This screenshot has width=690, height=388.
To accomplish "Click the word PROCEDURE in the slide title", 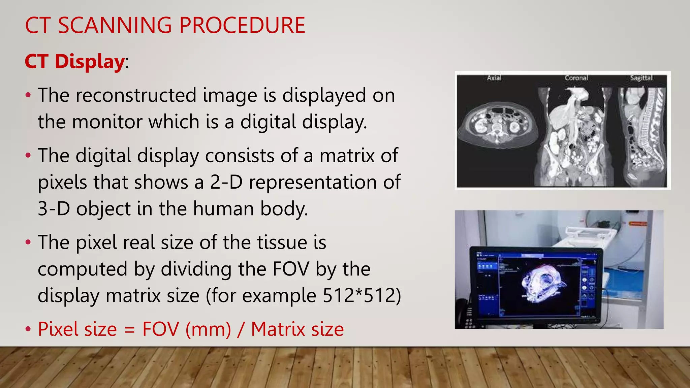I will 242,25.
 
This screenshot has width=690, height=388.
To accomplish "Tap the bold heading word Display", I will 90,62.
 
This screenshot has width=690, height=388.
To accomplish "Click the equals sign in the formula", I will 129,330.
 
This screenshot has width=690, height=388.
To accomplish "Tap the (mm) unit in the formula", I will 208,329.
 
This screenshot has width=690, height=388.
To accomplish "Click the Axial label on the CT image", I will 494,78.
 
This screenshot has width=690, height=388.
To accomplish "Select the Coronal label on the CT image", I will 576,78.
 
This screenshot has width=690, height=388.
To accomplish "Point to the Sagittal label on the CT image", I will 641,78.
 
